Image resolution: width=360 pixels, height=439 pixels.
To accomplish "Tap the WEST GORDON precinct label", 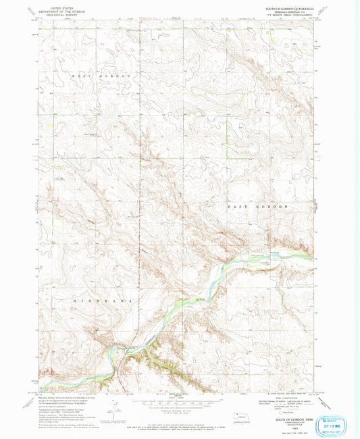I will [x=100, y=76].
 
